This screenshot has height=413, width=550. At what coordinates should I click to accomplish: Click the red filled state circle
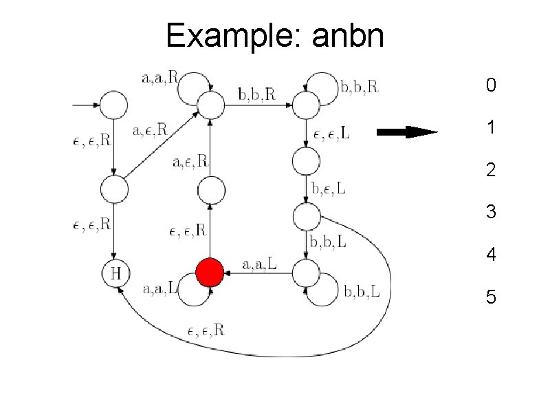pos(210,273)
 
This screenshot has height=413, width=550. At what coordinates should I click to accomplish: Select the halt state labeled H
pos(115,273)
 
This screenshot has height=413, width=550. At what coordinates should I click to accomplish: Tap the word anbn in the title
pos(347,35)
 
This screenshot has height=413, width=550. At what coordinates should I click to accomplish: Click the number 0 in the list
pos(490,86)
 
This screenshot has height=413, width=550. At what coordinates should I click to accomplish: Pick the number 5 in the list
pos(490,297)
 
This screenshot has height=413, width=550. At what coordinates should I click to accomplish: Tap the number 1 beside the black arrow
pos(490,128)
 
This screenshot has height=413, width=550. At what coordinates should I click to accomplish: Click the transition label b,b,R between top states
pos(256,94)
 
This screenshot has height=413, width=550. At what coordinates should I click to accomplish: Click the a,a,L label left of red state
pos(160,289)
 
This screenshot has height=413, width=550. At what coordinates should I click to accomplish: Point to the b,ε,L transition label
pos(329,188)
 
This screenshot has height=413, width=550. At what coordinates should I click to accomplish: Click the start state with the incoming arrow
pos(115,105)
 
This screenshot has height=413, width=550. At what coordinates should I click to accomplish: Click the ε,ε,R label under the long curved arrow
pos(206,330)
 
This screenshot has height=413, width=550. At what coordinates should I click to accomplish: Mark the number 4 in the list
pos(490,255)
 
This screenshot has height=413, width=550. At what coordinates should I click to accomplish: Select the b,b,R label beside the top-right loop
pos(359,87)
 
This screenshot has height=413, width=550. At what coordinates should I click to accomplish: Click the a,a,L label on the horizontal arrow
pos(261,264)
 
